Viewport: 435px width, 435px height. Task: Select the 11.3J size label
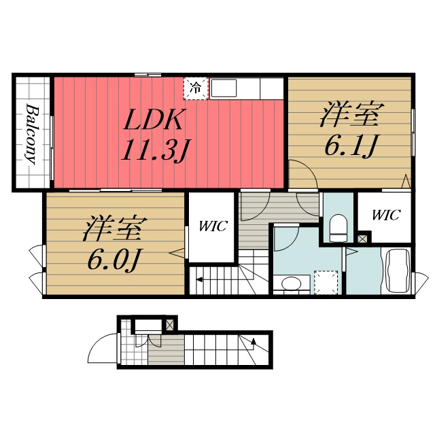(156, 150)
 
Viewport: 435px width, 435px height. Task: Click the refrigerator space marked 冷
(196, 88)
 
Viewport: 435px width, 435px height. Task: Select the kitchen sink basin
(224, 88)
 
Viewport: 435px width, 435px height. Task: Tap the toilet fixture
(338, 228)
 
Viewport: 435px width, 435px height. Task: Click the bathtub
(398, 271)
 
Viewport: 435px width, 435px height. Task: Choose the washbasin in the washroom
(292, 283)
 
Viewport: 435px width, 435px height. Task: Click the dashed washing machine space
(326, 282)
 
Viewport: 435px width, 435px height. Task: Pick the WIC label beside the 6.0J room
(213, 226)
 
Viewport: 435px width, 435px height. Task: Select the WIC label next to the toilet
(386, 215)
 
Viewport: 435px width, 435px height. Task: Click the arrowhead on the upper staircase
(199, 279)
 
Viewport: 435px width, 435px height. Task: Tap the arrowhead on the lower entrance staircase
(254, 341)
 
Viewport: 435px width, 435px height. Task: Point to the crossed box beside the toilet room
(362, 239)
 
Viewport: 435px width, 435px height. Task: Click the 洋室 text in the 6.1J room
(352, 115)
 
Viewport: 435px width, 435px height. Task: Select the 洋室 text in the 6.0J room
(115, 228)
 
